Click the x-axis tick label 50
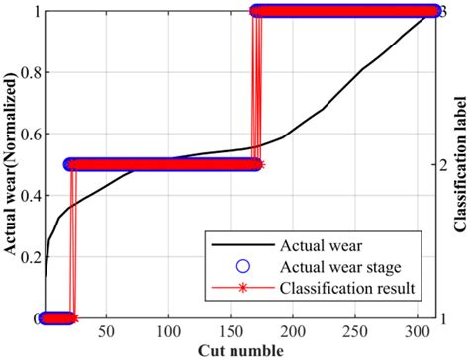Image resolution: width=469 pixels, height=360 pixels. [107, 331]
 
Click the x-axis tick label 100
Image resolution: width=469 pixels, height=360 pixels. [169, 331]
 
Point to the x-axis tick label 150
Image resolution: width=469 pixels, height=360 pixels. [232, 331]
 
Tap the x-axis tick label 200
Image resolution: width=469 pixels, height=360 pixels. [294, 331]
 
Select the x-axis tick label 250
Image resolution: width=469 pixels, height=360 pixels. [356, 331]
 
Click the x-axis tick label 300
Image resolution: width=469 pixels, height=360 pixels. [419, 331]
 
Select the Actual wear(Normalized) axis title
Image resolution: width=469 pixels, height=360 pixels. [10, 163]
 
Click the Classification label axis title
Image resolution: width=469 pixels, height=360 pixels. [461, 164]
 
